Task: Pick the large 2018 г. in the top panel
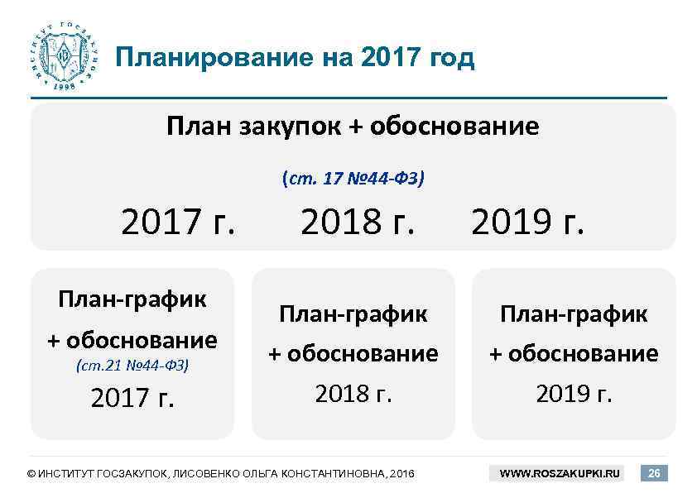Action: coord(357,222)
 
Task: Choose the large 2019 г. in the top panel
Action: coord(527,222)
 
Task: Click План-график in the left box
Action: coord(132,299)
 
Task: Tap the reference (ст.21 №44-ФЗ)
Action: coord(132,364)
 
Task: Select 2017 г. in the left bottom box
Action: coord(132,399)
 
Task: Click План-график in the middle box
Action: coord(353,314)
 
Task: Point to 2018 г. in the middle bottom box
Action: coord(353,393)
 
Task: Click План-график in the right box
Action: coord(574,314)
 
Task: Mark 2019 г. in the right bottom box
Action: coord(574,393)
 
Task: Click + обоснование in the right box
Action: coord(574,354)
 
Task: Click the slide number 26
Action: coord(654,474)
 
